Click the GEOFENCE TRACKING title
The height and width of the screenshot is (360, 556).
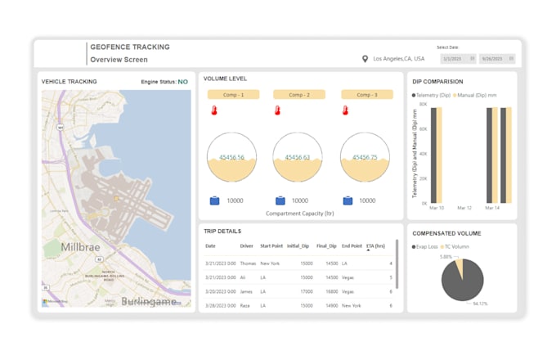click(x=129, y=47)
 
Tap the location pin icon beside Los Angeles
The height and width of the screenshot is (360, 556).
click(x=365, y=59)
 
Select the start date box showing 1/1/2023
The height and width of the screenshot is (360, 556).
click(x=456, y=59)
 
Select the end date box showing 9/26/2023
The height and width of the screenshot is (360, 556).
click(x=496, y=59)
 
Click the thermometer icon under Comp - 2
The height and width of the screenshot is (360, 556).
click(x=279, y=110)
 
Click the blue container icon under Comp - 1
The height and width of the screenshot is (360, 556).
click(x=214, y=200)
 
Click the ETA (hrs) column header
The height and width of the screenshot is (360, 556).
click(x=376, y=245)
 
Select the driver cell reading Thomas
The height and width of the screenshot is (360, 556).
click(x=248, y=263)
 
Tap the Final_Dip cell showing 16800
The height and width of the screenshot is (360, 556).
click(x=331, y=291)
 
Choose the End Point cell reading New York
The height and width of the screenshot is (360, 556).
click(x=352, y=306)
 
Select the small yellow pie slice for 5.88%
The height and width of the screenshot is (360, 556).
click(x=459, y=268)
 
